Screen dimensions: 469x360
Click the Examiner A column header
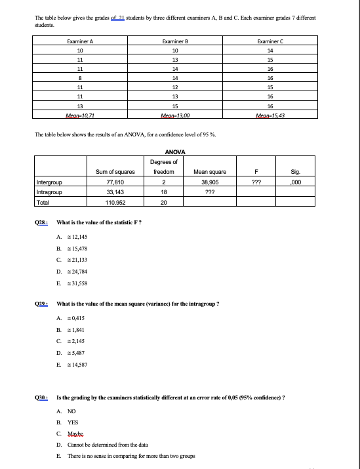(80, 41)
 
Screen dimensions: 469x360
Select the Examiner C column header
(270, 41)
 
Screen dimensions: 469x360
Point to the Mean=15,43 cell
(270, 114)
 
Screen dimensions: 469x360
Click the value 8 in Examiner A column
(80, 77)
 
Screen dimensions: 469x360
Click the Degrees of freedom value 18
(165, 193)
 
